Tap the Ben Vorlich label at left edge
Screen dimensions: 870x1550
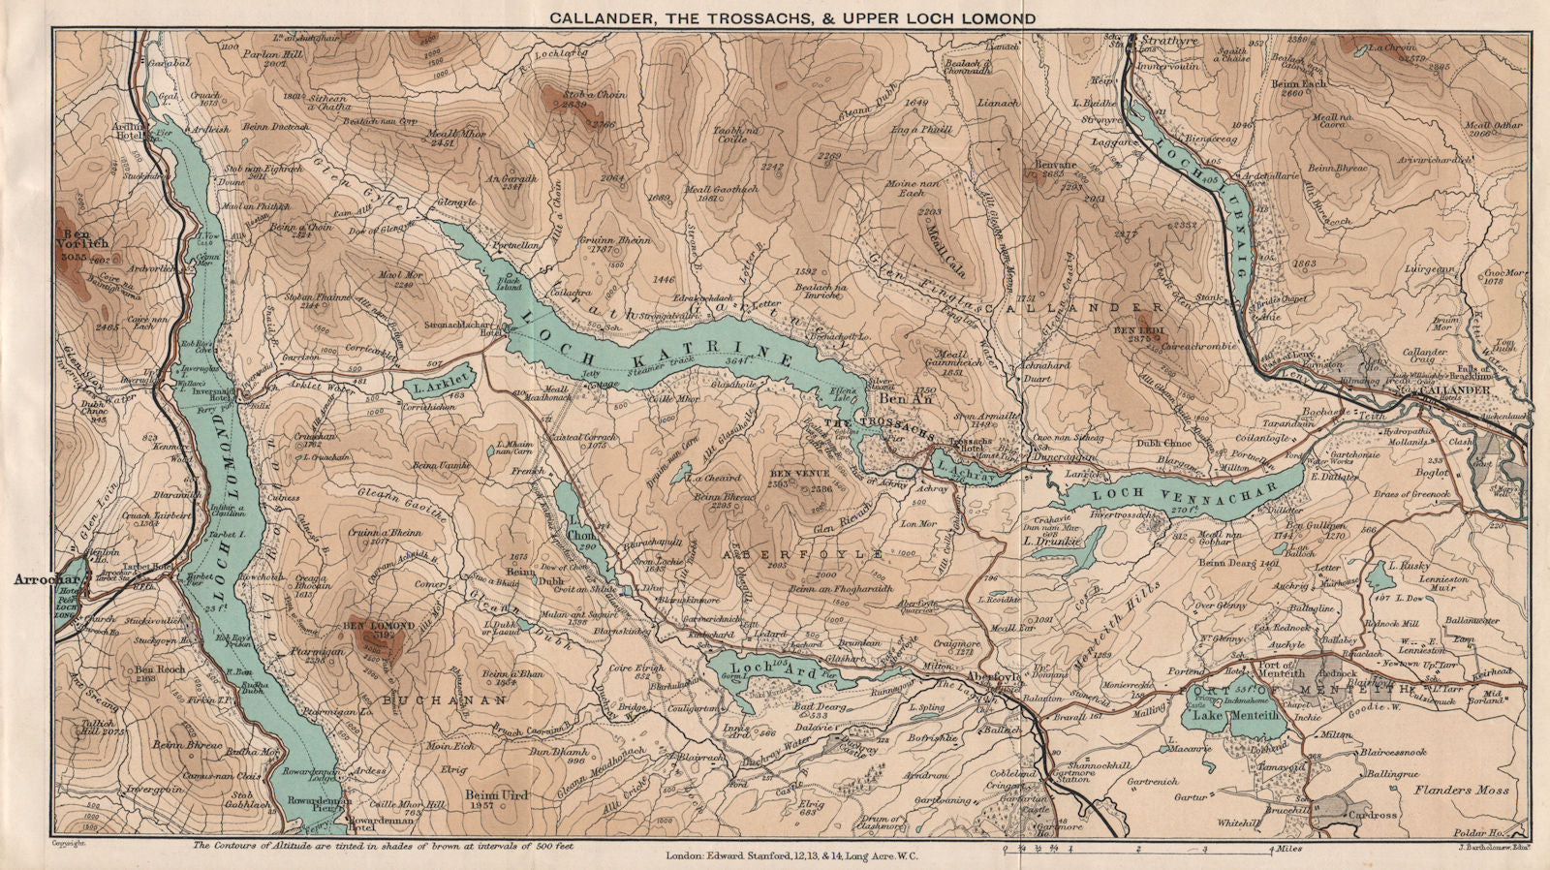85,239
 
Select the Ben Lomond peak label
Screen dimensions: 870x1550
379,626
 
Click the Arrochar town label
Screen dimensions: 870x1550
38,579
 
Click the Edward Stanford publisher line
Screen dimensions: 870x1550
791,855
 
